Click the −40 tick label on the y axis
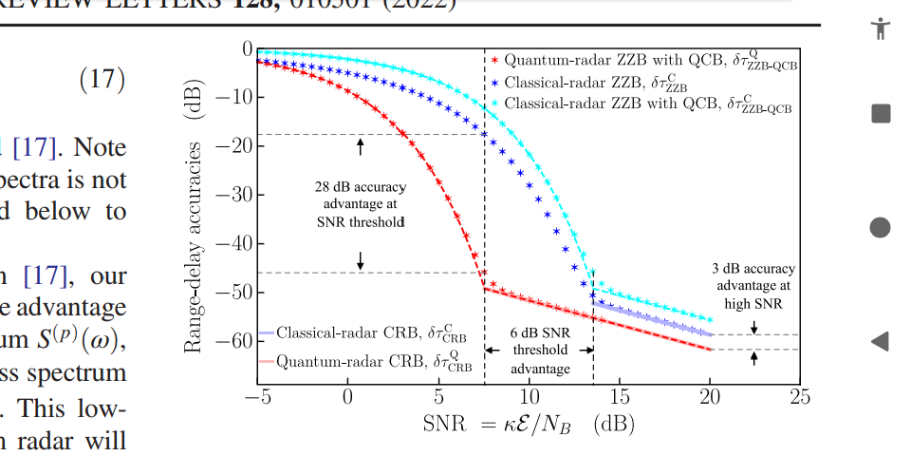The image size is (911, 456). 233,242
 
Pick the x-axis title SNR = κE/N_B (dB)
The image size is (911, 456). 529,424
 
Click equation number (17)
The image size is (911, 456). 102,79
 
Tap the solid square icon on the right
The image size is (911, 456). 881,114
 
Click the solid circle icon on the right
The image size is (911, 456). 881,227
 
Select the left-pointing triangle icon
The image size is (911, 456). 880,341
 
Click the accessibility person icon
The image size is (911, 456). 881,28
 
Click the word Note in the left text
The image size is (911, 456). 100,148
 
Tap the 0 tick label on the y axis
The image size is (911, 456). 248,47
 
